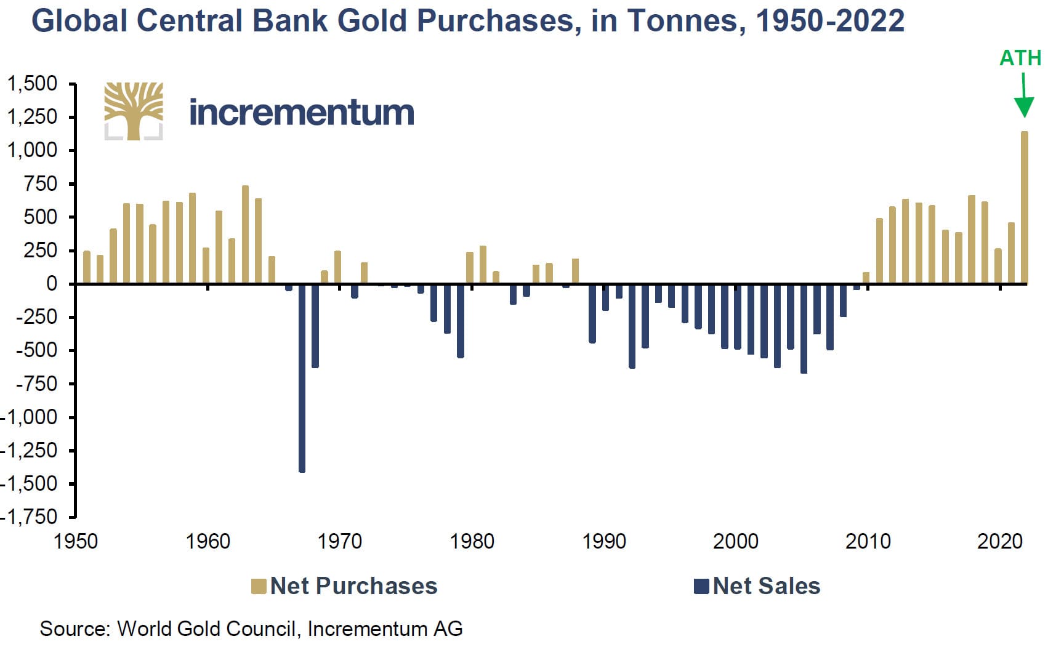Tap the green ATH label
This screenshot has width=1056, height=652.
[1020, 58]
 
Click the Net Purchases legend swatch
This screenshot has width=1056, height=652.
[259, 586]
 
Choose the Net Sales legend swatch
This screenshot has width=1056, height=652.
[701, 586]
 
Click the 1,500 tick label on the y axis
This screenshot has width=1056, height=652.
[31, 83]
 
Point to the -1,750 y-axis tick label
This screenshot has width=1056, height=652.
[30, 517]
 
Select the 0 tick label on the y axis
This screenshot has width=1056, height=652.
[52, 284]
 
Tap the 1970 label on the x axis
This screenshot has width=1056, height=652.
[339, 541]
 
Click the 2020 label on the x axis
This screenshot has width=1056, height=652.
[999, 541]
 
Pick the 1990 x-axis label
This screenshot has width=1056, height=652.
[603, 541]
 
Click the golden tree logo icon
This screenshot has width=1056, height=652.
[134, 111]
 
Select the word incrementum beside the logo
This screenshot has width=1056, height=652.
[301, 113]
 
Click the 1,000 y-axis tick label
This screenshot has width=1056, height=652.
[31, 150]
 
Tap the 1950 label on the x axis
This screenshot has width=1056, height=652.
[76, 541]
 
